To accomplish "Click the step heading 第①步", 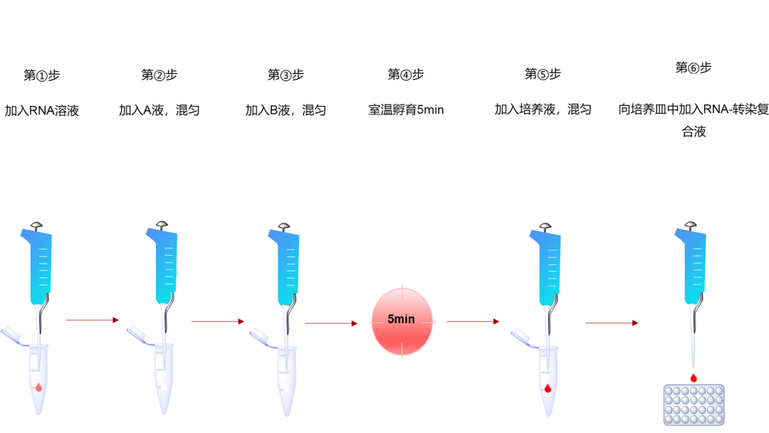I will pyautogui.click(x=41, y=75).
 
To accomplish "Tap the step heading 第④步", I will pyautogui.click(x=406, y=75).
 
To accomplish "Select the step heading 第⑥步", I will pyautogui.click(x=694, y=68).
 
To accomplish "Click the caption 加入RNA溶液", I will pyautogui.click(x=41, y=110).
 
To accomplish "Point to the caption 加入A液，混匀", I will pyautogui.click(x=159, y=110).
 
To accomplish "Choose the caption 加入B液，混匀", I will pyautogui.click(x=286, y=110).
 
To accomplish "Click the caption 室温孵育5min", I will pyautogui.click(x=406, y=110).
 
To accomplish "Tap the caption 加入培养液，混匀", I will pyautogui.click(x=543, y=109).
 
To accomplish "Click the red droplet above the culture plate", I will pyautogui.click(x=694, y=377).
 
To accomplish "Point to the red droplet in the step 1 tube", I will pyautogui.click(x=38, y=387).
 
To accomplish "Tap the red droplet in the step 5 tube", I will pyautogui.click(x=548, y=388).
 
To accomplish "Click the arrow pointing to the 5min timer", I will pyautogui.click(x=330, y=324).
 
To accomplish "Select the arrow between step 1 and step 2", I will pyautogui.click(x=92, y=320).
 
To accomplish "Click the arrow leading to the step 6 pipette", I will pyautogui.click(x=611, y=323).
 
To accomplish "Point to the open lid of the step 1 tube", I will pyautogui.click(x=14, y=333).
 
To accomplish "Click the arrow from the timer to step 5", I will pyautogui.click(x=472, y=321).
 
